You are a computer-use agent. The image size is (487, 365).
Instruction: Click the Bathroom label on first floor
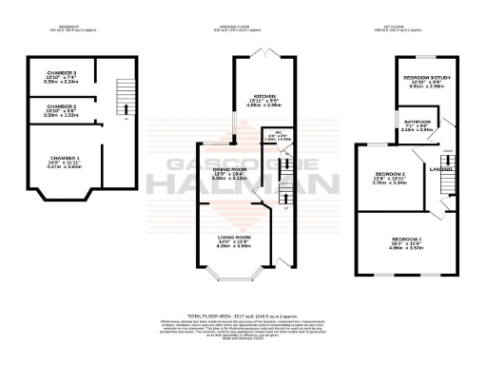[417, 122]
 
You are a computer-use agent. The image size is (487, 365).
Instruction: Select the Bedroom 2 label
[391, 175]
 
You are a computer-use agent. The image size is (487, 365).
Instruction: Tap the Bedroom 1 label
[408, 236]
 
